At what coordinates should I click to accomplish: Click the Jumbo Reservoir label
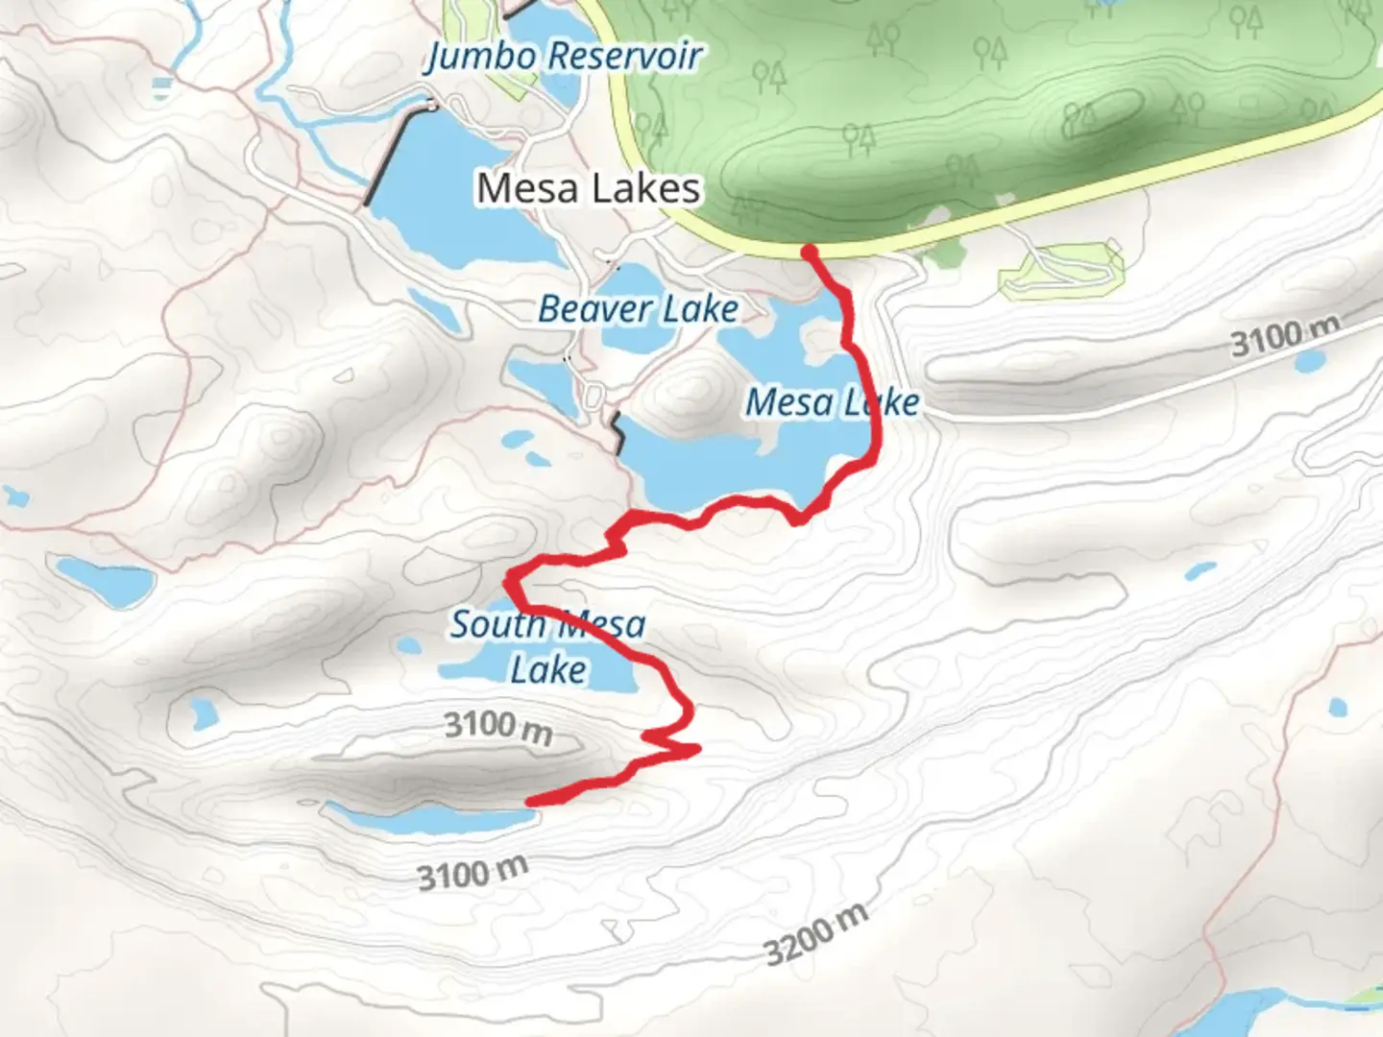pyautogui.click(x=565, y=56)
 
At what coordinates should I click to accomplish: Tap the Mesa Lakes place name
pyautogui.click(x=588, y=188)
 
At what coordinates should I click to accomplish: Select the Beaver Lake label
pyautogui.click(x=638, y=309)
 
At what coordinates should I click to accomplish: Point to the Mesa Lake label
pyautogui.click(x=832, y=402)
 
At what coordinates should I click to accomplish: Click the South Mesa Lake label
pyautogui.click(x=547, y=646)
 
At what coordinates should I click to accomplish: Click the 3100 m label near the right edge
pyautogui.click(x=1285, y=336)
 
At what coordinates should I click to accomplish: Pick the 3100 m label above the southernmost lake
pyautogui.click(x=497, y=727)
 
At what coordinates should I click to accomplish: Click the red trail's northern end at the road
pyautogui.click(x=810, y=252)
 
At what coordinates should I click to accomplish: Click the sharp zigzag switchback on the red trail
pyautogui.click(x=672, y=744)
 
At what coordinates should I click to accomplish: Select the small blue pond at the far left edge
pyautogui.click(x=14, y=496)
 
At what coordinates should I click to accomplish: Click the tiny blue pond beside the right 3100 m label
pyautogui.click(x=1308, y=363)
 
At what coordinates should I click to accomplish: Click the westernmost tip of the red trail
pyautogui.click(x=508, y=579)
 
